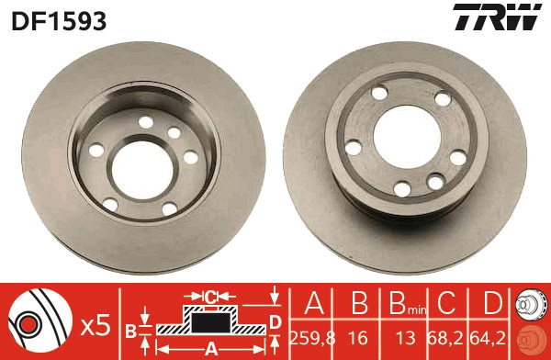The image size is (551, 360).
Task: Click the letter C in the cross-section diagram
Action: pyautogui.click(x=209, y=297)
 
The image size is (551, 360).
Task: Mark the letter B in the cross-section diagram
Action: pyautogui.click(x=130, y=328)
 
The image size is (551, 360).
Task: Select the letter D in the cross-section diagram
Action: pyautogui.click(x=275, y=321)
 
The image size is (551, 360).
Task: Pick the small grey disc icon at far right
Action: pyautogui.click(x=531, y=304)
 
